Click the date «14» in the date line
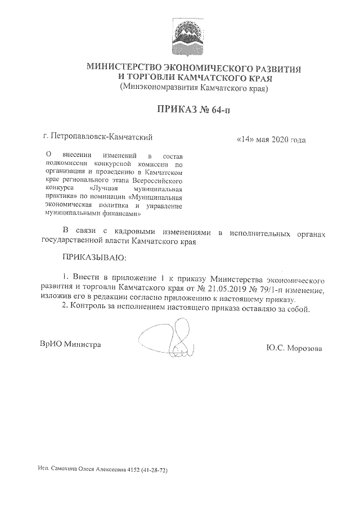tap(245, 139)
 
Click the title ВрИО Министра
tap(70, 344)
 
